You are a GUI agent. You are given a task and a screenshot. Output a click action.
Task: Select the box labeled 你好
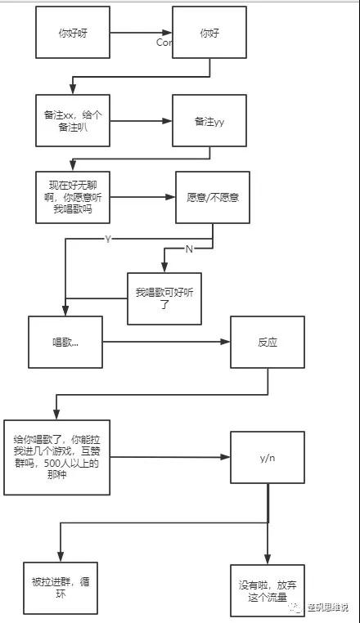click(x=209, y=34)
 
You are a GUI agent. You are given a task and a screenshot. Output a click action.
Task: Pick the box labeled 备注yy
click(x=209, y=121)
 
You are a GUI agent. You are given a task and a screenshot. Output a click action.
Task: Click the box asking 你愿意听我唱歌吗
click(x=73, y=197)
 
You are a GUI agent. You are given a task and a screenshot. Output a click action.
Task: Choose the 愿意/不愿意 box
click(x=213, y=198)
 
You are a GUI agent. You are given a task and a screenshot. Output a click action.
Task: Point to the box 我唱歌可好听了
click(x=164, y=298)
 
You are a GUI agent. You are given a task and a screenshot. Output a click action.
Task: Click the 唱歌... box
click(x=65, y=342)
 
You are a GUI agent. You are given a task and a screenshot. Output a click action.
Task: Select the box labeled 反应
click(x=268, y=342)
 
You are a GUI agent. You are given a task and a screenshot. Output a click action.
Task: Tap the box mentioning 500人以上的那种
click(x=57, y=457)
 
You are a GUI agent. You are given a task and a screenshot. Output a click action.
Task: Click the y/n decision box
click(x=268, y=457)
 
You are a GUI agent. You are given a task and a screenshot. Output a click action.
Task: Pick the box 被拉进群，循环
click(x=59, y=587)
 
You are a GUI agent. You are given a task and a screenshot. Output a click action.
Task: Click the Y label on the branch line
click(x=107, y=239)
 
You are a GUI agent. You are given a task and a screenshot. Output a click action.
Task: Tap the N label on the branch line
click(x=189, y=249)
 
